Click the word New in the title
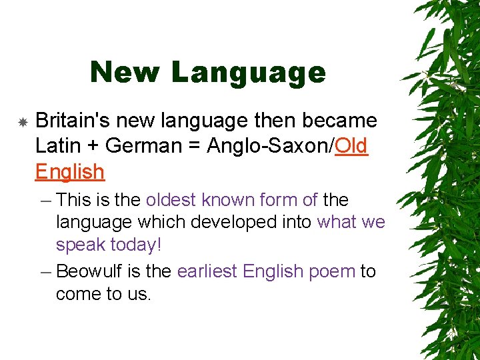(x=125, y=72)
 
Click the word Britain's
(x=74, y=121)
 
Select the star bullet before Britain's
(x=23, y=122)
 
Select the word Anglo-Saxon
(x=269, y=146)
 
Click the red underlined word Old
(x=352, y=146)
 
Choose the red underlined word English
(x=70, y=172)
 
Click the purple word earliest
(x=207, y=271)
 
